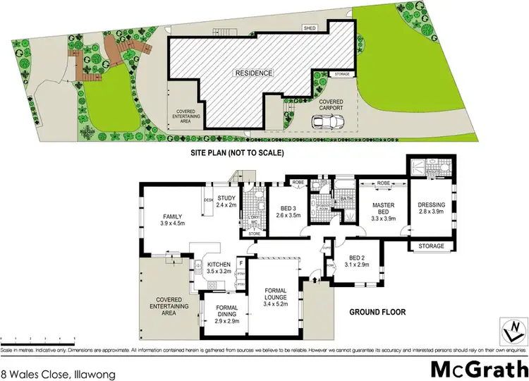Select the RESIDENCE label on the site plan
(254, 73)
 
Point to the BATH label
(347, 198)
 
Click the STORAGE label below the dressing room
(432, 246)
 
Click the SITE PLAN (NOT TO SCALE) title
(237, 152)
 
